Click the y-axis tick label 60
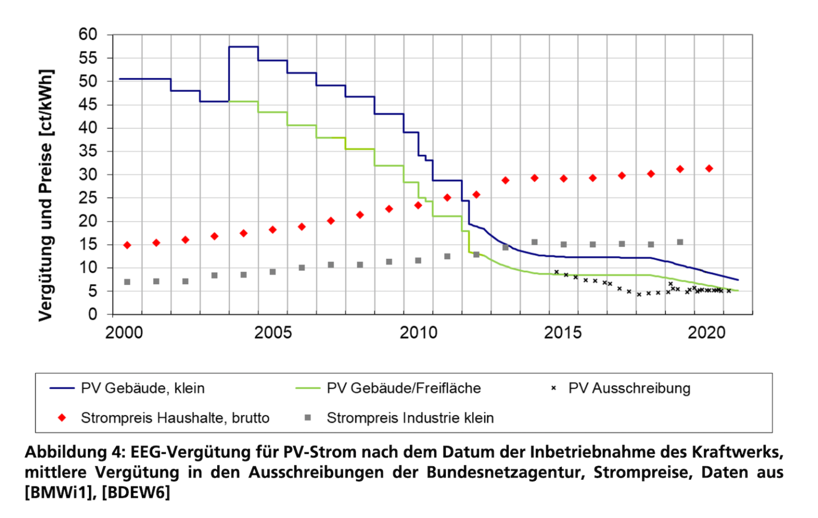pos(88,35)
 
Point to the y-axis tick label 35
pos(88,151)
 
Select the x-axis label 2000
pos(124,333)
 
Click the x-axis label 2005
pos(273,333)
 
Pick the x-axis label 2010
pos(418,333)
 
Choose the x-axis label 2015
pos(563,333)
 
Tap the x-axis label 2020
pos(707,333)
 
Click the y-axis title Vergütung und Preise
pos(46,195)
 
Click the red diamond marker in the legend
pos(62,418)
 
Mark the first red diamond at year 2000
pos(127,245)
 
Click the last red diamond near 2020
pos(709,168)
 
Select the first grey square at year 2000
pos(127,282)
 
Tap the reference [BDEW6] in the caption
pos(136,492)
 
